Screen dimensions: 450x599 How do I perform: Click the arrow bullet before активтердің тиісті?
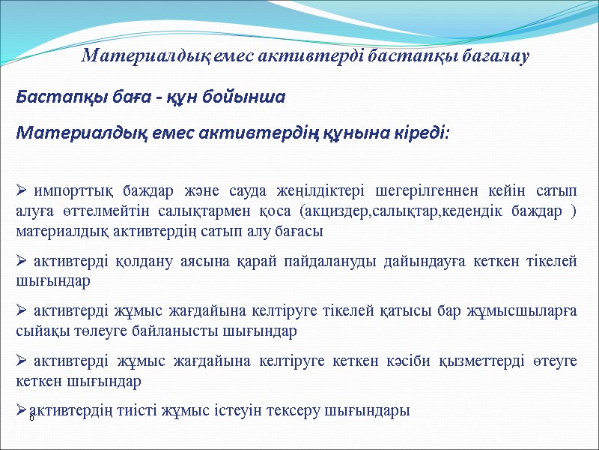tap(21, 411)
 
